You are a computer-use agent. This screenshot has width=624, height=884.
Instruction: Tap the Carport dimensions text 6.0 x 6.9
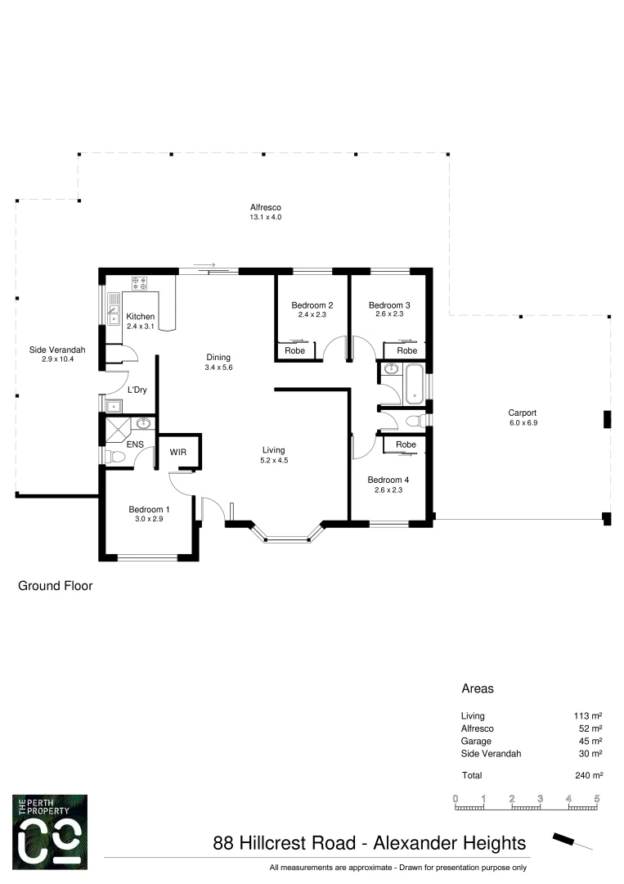click(x=523, y=423)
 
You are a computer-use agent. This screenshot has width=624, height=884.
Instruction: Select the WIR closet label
click(x=178, y=451)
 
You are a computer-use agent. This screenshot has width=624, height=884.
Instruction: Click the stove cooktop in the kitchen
click(x=139, y=284)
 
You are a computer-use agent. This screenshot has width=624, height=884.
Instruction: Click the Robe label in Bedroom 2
click(x=294, y=350)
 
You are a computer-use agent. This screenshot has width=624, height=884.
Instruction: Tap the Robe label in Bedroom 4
click(x=405, y=444)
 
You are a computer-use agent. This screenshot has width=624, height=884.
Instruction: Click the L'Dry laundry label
click(x=137, y=390)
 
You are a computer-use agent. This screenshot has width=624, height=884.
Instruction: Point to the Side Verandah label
click(x=57, y=350)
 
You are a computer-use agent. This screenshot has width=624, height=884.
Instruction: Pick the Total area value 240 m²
click(x=588, y=775)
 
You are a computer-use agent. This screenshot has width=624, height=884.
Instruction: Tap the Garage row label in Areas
click(x=477, y=741)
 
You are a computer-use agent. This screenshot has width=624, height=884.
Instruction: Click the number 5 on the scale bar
click(x=597, y=797)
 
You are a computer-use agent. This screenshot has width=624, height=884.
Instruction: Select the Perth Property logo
click(x=50, y=832)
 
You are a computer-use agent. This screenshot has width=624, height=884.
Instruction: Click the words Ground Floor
click(x=56, y=586)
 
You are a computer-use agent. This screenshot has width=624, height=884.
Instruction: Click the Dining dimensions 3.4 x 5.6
click(x=218, y=368)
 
